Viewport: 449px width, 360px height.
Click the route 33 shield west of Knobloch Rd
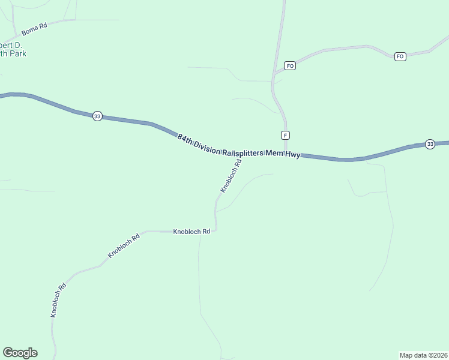(x=97, y=116)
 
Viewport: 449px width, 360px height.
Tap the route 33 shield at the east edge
(x=430, y=144)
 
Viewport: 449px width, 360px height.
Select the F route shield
(x=285, y=134)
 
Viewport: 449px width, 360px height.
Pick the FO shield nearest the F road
(x=290, y=65)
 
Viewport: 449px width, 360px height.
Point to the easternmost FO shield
(x=400, y=56)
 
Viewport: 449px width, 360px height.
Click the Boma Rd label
(x=34, y=29)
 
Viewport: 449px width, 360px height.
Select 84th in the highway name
(x=185, y=138)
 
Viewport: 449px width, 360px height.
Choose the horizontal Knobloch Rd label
(x=191, y=231)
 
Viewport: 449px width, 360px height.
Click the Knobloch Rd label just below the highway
(x=231, y=175)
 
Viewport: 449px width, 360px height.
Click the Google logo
(x=20, y=353)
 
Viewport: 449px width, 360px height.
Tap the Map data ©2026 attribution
(x=423, y=355)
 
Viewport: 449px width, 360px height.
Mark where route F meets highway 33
(x=286, y=154)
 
